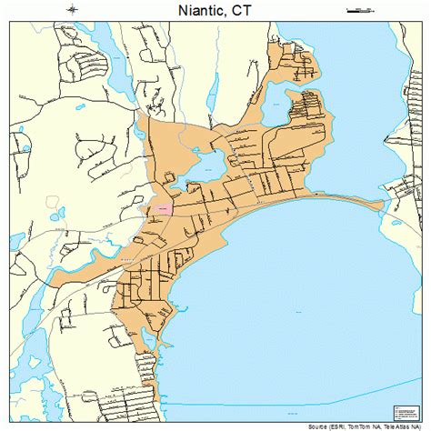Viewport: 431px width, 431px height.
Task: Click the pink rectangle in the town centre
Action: point(163,208)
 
